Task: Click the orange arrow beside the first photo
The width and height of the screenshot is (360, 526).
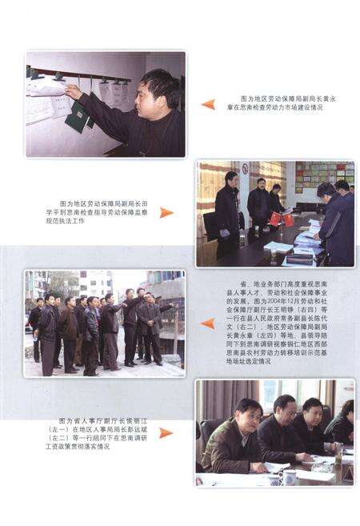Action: click(x=208, y=104)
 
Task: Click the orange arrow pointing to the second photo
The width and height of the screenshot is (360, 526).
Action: click(x=166, y=213)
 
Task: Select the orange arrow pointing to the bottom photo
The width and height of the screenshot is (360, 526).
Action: click(x=166, y=433)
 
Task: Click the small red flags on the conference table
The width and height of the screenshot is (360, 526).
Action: click(x=281, y=219)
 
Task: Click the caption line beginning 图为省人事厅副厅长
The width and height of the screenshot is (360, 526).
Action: click(x=99, y=421)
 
